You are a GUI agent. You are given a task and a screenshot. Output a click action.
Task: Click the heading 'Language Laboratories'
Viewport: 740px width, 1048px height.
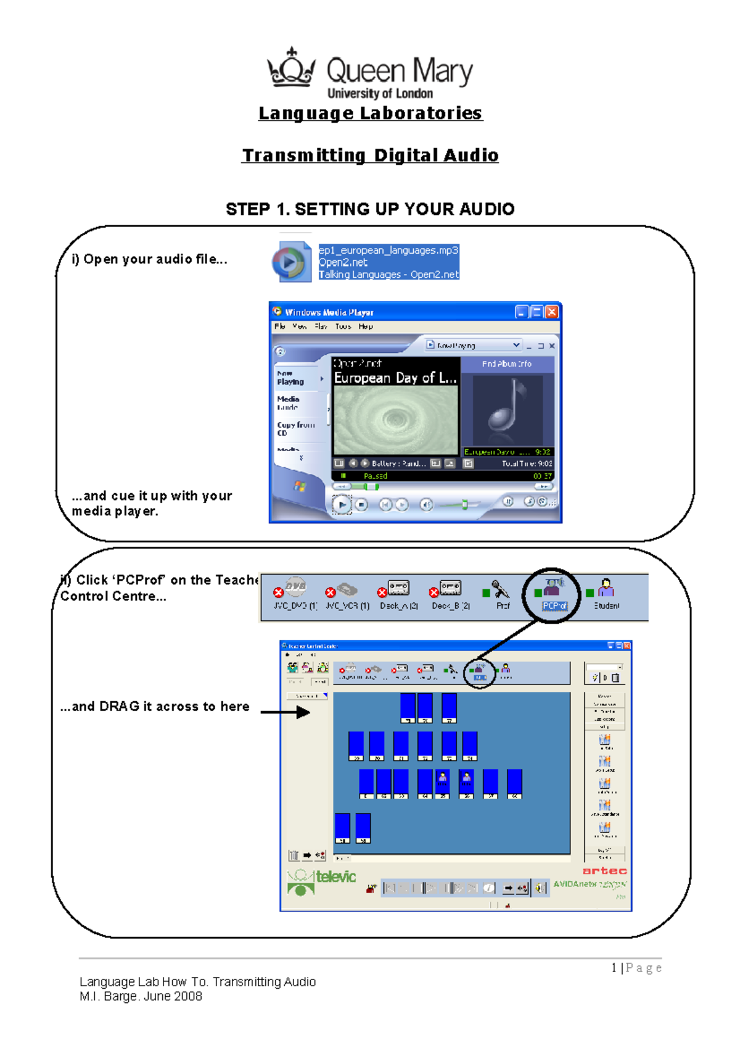(370, 114)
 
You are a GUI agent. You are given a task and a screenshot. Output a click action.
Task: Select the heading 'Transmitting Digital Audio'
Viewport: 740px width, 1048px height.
(370, 156)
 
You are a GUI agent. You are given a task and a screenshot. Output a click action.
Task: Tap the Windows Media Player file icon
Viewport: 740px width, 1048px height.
(292, 262)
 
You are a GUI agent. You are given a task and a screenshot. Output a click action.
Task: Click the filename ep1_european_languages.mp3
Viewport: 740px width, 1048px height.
(388, 250)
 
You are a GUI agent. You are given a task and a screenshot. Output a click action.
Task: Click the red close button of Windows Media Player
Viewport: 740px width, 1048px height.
(552, 312)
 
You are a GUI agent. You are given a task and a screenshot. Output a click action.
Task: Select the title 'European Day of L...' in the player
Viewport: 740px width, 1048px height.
(395, 378)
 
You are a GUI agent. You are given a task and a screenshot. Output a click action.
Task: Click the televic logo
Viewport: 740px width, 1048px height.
(323, 880)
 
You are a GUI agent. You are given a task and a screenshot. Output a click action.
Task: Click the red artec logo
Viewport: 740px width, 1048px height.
(604, 871)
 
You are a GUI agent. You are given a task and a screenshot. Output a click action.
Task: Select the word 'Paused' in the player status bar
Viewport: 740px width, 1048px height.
(375, 476)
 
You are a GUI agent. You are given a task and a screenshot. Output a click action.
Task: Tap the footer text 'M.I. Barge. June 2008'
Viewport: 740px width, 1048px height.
(141, 996)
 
